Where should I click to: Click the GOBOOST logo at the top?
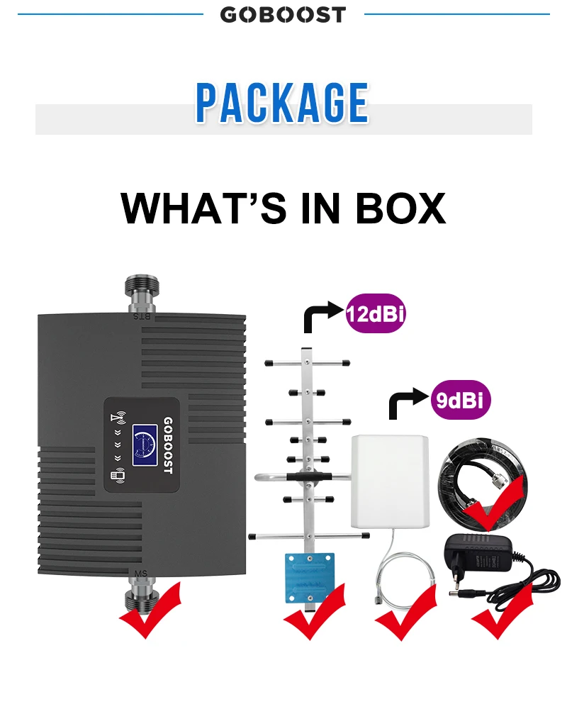click(283, 14)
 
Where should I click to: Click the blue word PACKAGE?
click(283, 104)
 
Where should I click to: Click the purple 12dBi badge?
click(375, 313)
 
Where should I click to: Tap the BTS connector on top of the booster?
click(142, 295)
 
